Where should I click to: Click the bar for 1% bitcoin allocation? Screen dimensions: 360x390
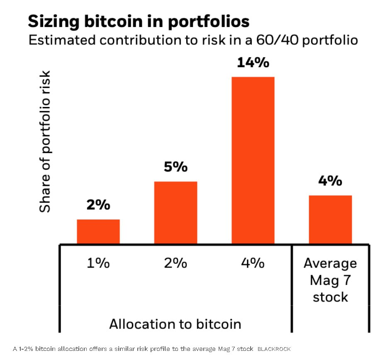(x=98, y=231)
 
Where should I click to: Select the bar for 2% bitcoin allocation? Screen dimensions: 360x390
(x=175, y=212)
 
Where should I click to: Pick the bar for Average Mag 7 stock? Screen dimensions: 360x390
(x=330, y=219)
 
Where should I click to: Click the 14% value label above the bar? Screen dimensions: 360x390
(x=253, y=63)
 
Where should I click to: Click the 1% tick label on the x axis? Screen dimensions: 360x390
(x=98, y=263)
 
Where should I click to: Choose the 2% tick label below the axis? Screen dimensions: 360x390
(x=175, y=263)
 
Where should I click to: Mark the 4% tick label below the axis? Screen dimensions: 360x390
(x=253, y=263)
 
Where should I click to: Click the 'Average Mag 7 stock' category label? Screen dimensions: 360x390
(x=330, y=280)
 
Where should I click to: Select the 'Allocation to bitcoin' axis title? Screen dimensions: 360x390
(x=175, y=324)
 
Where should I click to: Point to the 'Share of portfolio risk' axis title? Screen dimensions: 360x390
(x=45, y=141)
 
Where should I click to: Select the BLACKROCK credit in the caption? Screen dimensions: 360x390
(x=274, y=349)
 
